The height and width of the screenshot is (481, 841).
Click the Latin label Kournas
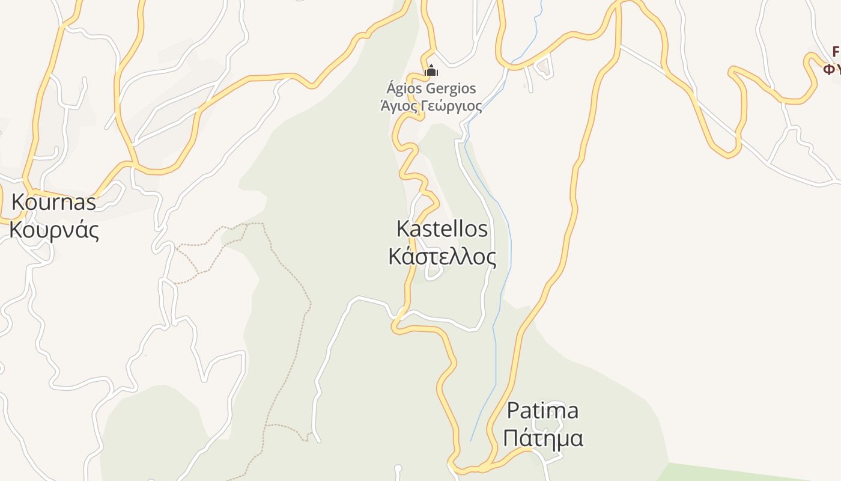53,202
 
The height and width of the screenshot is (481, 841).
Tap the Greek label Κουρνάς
54,230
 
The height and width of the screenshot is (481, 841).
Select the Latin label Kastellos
442,228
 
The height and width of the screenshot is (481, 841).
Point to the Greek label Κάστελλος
442,257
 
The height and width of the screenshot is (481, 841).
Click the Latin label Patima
542,411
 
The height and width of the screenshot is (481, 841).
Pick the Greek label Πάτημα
542,438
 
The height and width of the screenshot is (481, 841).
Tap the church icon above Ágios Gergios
431,71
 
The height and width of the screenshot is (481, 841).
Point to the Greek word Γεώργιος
450,106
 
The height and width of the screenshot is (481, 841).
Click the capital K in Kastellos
403,228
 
